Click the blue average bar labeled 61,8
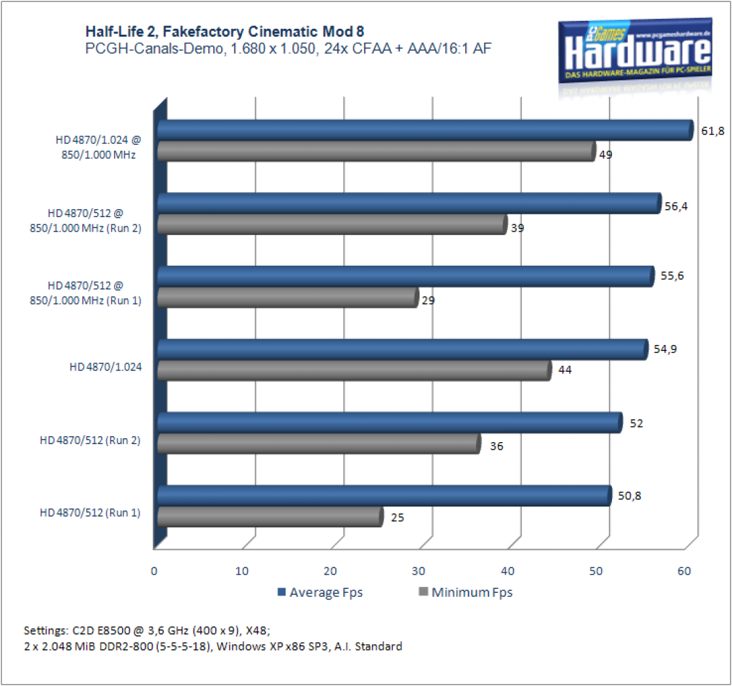[x=425, y=130]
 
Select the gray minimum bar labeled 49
[x=376, y=151]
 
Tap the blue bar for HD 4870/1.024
[x=402, y=350]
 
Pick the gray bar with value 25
[x=270, y=517]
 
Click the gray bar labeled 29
[x=288, y=297]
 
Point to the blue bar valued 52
[x=390, y=423]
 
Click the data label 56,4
[x=676, y=206]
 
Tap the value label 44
[x=565, y=370]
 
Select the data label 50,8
[x=629, y=496]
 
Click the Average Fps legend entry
[x=320, y=592]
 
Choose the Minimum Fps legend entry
[x=466, y=592]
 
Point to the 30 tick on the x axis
[x=419, y=571]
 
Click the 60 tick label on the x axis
[x=684, y=571]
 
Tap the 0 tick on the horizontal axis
[x=154, y=571]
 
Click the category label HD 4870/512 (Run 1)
[x=90, y=512]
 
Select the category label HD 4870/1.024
[x=105, y=367]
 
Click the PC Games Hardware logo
[x=635, y=52]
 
